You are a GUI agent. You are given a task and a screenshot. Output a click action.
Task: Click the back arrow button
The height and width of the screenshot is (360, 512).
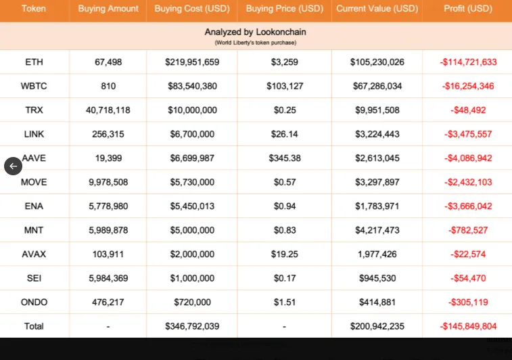pyautogui.click(x=13, y=166)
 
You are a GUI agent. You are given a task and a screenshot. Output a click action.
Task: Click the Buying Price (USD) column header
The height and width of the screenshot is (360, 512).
pyautogui.click(x=284, y=9)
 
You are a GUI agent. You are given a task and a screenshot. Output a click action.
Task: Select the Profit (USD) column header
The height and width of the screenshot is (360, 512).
pyautogui.click(x=468, y=9)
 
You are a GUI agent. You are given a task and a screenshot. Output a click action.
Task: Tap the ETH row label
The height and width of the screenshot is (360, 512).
pyautogui.click(x=34, y=62)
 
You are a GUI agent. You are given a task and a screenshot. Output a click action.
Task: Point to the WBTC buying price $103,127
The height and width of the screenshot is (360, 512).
pyautogui.click(x=284, y=86)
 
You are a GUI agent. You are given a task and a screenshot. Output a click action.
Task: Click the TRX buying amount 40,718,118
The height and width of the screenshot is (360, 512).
pyautogui.click(x=108, y=110)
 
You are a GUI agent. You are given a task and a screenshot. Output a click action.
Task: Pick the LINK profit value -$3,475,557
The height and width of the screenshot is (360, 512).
pyautogui.click(x=468, y=134)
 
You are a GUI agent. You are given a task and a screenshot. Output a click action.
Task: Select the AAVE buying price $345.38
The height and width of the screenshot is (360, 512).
pyautogui.click(x=284, y=158)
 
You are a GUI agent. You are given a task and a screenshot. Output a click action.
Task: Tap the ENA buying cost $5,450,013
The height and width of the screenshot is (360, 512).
pyautogui.click(x=191, y=206)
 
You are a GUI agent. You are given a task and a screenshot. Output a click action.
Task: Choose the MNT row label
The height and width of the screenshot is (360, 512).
pyautogui.click(x=34, y=230)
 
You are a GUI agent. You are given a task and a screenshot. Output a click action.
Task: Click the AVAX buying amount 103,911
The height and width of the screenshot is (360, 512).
pyautogui.click(x=108, y=254)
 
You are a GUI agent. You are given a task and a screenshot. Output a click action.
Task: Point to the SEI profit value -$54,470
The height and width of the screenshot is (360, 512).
pyautogui.click(x=468, y=278)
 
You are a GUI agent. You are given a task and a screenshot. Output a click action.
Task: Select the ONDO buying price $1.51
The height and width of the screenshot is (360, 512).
pyautogui.click(x=284, y=302)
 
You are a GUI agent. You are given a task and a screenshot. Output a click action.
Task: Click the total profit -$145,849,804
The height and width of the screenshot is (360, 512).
pyautogui.click(x=468, y=326)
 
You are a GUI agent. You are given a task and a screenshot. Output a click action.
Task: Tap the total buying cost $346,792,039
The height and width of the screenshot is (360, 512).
pyautogui.click(x=191, y=326)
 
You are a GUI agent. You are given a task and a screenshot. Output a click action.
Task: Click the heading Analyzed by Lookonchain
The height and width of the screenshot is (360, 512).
pyautogui.click(x=255, y=32)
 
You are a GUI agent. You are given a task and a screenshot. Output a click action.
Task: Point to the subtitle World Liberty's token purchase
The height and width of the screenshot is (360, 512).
pyautogui.click(x=255, y=43)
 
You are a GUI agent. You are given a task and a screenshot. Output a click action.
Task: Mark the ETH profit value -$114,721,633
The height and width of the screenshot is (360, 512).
pyautogui.click(x=468, y=62)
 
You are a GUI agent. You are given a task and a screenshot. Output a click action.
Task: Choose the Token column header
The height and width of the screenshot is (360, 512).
pyautogui.click(x=34, y=9)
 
